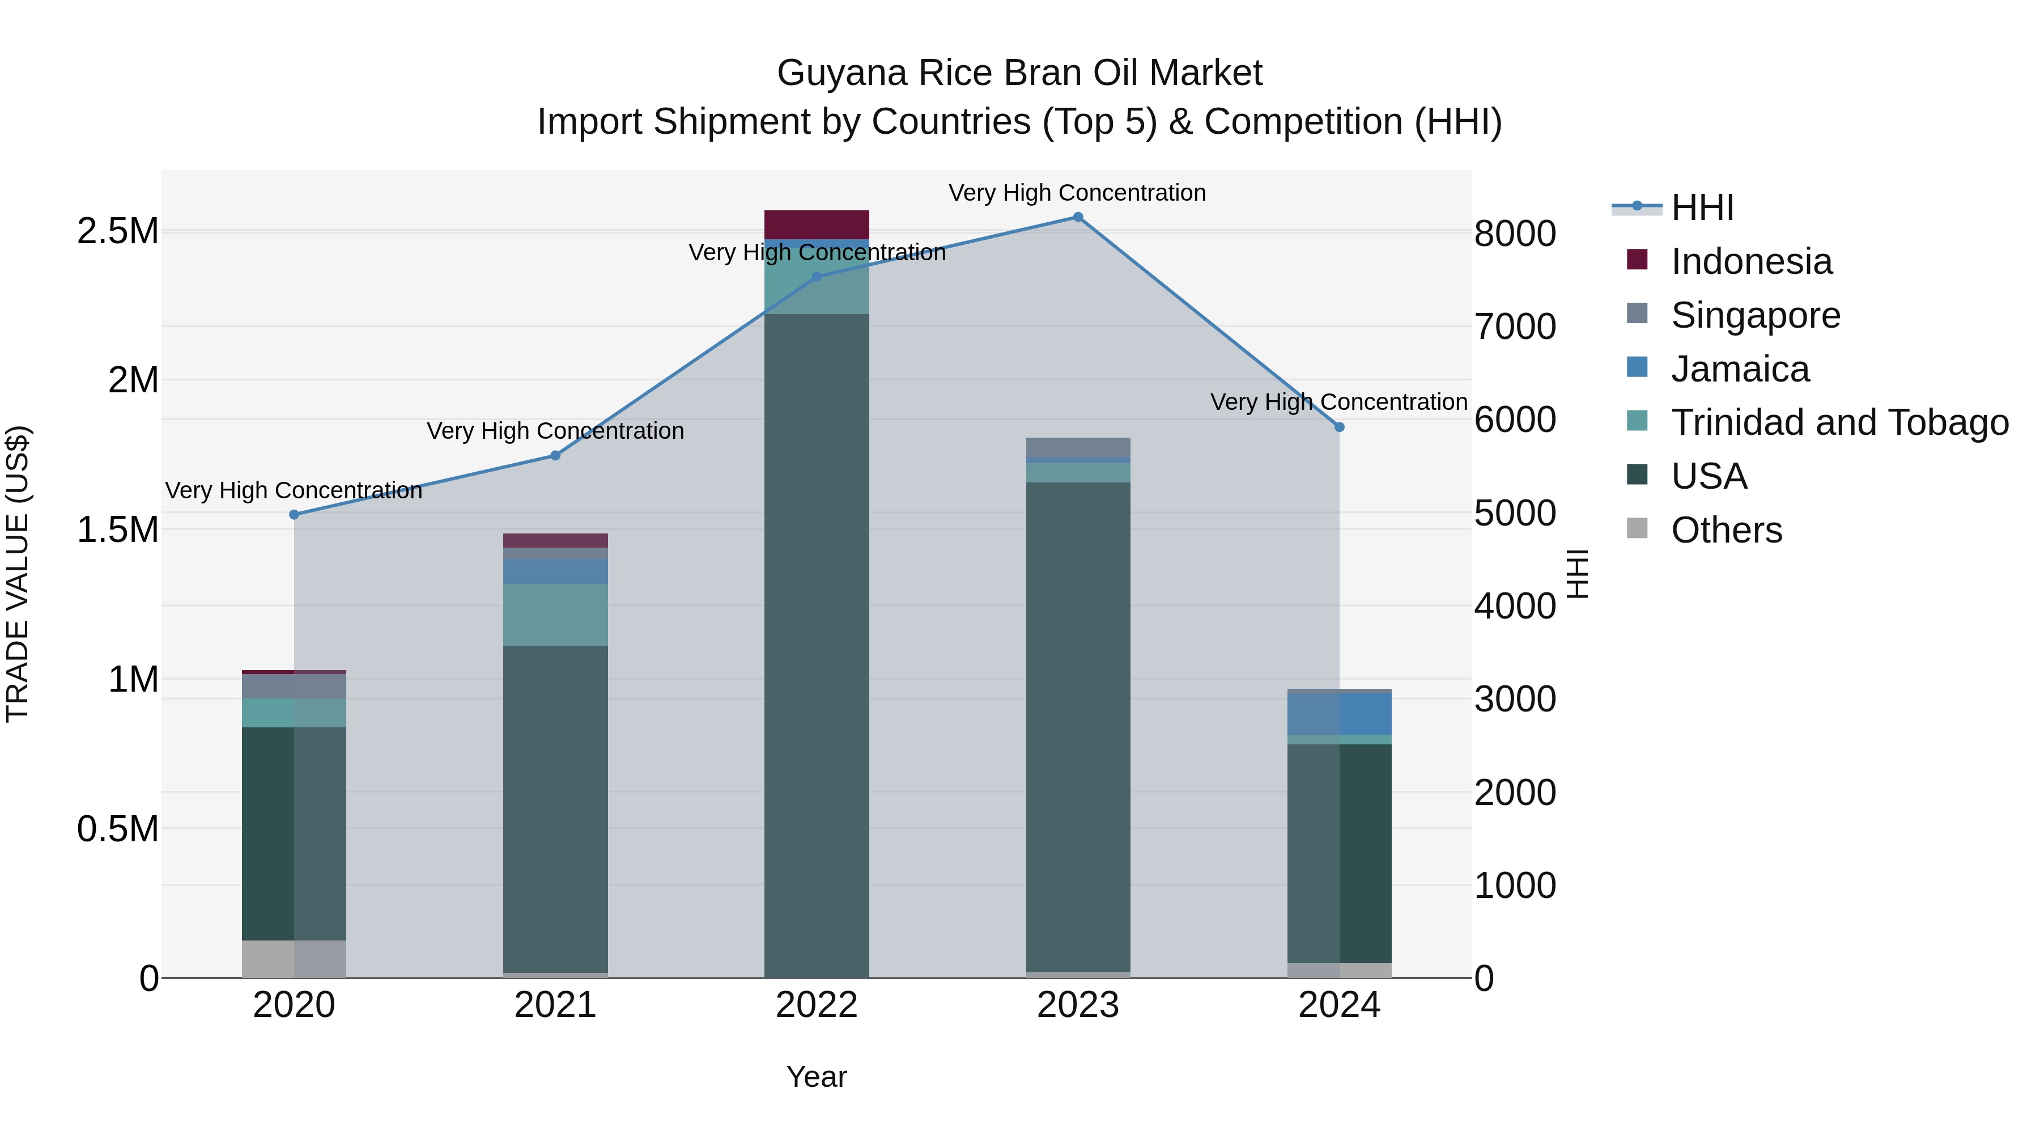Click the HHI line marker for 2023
1078,217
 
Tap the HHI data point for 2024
1339,427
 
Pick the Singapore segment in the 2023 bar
1078,448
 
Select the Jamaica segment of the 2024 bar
1339,714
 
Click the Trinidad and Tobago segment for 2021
555,615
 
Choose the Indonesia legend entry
1751,261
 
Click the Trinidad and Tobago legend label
1839,422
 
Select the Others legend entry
1727,530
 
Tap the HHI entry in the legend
1703,207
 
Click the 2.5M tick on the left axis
118,231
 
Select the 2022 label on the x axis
817,1005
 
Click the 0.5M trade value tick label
118,829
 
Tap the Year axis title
817,1077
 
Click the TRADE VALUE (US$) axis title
18,574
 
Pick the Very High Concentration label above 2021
555,431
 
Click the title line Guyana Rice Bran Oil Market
1019,73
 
